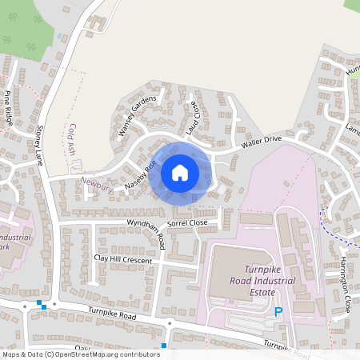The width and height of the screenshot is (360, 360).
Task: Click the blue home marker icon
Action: click(x=180, y=173)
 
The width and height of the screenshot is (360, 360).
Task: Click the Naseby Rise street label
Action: click(x=140, y=175)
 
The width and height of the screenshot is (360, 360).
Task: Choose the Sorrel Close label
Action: click(x=187, y=222)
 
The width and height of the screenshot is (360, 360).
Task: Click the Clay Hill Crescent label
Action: click(x=122, y=260)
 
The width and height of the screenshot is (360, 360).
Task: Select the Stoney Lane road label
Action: click(x=37, y=145)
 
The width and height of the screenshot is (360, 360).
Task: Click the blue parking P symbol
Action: click(x=278, y=312)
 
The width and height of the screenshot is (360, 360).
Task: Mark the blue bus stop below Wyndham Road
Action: click(x=163, y=346)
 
